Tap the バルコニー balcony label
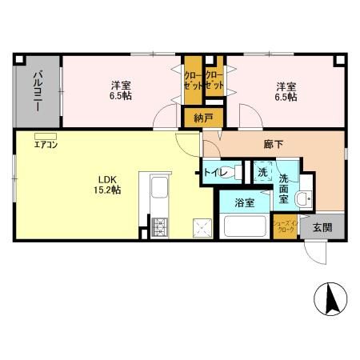(x=38, y=90)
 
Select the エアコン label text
(x=46, y=145)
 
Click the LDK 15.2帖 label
(x=109, y=183)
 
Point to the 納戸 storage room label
(x=204, y=118)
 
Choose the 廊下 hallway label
(x=273, y=144)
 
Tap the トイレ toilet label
(x=217, y=173)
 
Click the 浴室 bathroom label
(x=245, y=203)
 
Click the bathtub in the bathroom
(x=246, y=226)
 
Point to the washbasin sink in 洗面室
(x=305, y=198)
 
